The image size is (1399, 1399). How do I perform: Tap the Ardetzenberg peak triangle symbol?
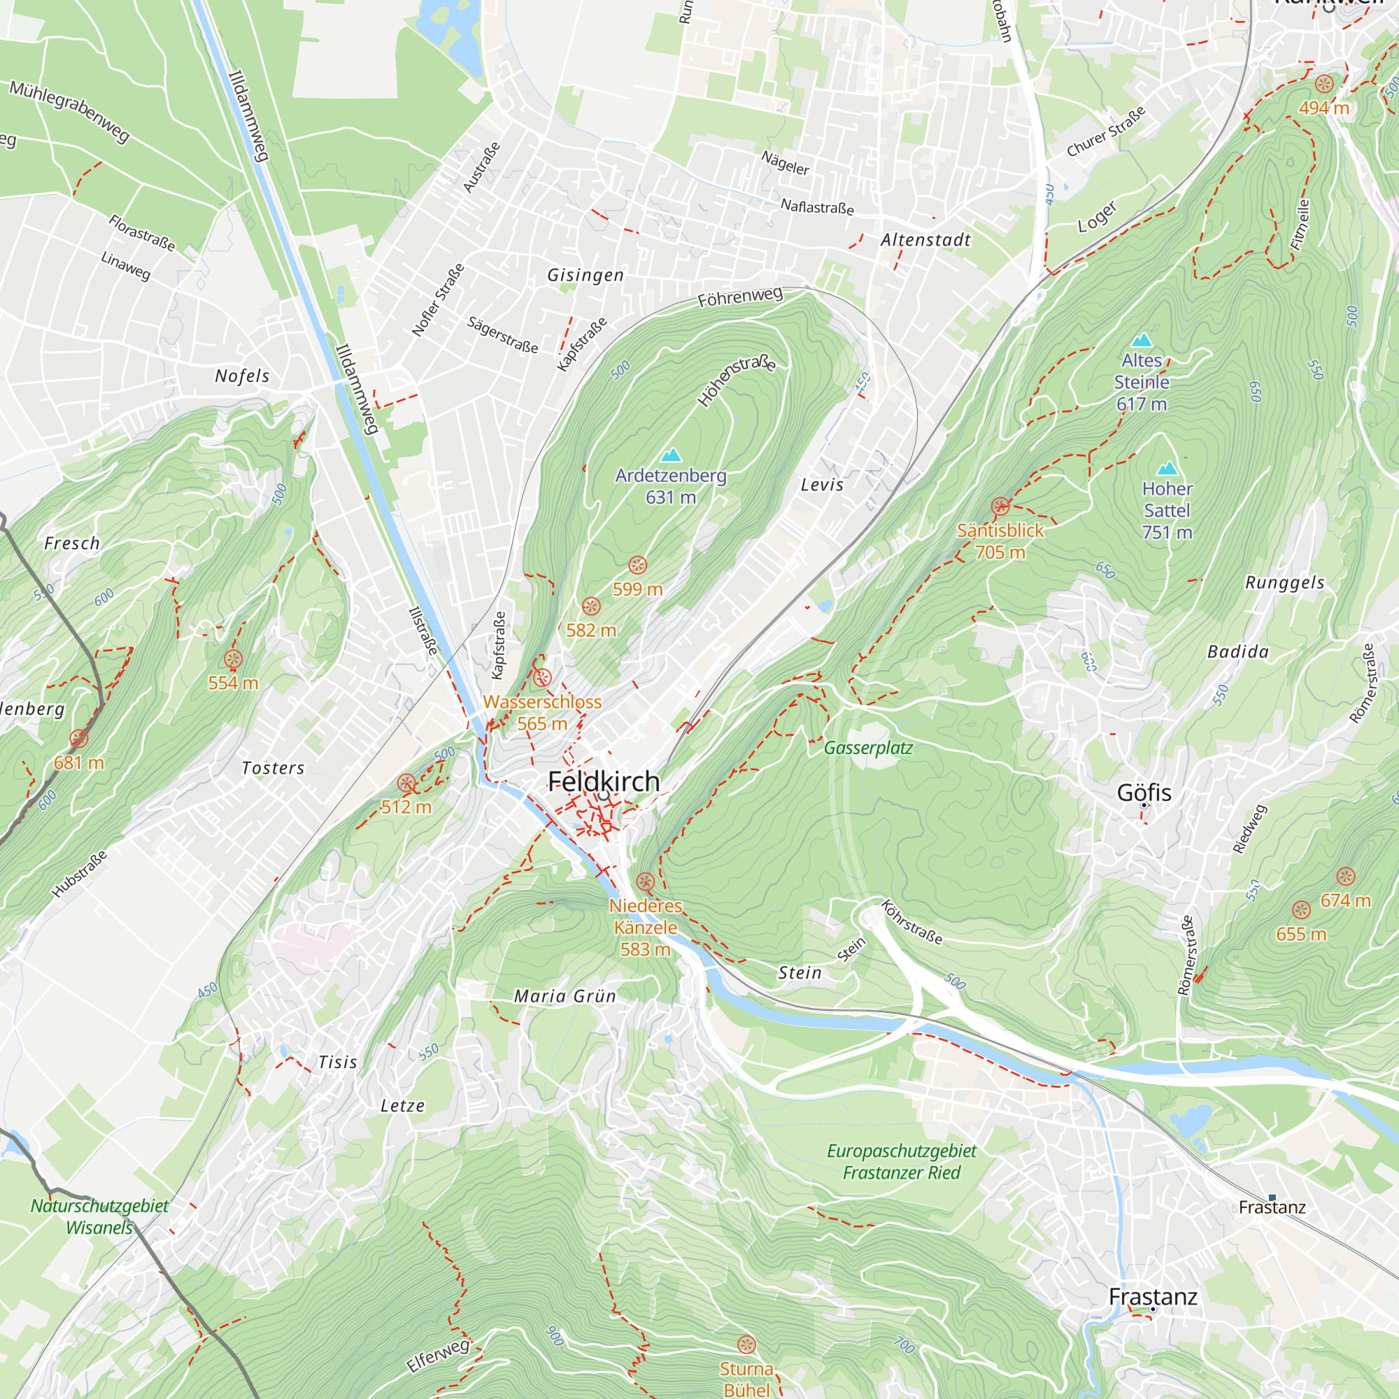[672, 455]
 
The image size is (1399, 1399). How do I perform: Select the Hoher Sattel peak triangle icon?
[1167, 469]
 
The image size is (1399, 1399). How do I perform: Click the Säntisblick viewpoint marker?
[1000, 506]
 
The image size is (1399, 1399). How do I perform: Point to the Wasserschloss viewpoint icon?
[542, 679]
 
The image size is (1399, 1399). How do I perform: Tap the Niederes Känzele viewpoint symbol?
[645, 882]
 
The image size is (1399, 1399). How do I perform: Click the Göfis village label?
[1144, 793]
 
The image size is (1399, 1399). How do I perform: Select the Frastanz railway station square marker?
[1272, 1198]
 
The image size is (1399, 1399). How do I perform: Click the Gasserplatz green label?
[867, 748]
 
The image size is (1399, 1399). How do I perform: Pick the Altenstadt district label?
[925, 240]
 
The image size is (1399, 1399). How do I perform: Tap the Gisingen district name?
[585, 275]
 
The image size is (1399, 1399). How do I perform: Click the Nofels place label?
[242, 376]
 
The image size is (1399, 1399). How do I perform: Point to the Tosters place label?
[273, 768]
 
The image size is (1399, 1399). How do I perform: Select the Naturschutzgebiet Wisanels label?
[99, 1216]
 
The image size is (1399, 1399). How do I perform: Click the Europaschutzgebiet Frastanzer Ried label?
[901, 1161]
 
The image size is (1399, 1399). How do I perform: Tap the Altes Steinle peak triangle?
[1142, 340]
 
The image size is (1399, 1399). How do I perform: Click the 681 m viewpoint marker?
[79, 739]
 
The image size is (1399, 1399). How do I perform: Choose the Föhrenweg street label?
[739, 297]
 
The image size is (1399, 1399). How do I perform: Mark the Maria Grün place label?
[564, 996]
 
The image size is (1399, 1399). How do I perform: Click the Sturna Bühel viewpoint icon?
[746, 1345]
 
